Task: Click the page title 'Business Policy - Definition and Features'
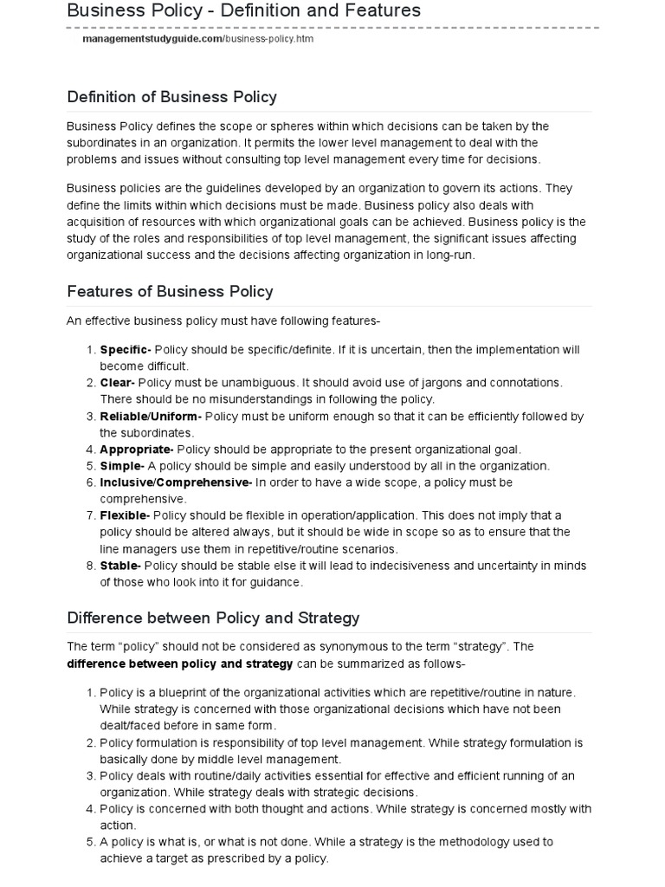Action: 243,11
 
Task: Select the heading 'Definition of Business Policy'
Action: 171,96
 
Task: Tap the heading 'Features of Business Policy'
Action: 170,291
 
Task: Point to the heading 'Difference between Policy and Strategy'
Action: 213,618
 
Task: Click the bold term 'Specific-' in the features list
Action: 126,350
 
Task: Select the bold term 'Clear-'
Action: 117,383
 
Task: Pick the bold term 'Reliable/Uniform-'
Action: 151,417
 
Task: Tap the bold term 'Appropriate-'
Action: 137,450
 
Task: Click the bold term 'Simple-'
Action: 121,466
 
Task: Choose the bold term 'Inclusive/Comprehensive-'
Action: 176,482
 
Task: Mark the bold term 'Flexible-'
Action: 125,515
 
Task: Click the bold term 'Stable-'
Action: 120,566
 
